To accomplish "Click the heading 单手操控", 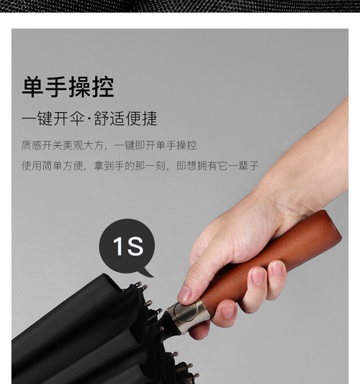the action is [x=68, y=87].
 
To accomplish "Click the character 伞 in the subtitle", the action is [x=76, y=119].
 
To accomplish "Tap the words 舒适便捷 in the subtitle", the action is [x=125, y=119].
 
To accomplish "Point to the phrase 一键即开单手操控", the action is [x=156, y=145].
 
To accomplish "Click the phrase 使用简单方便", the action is [x=52, y=166].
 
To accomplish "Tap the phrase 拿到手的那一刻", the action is [x=130, y=166].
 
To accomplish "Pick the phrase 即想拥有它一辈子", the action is [x=217, y=166].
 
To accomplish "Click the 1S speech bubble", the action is [x=127, y=246].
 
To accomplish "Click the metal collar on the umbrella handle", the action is [x=188, y=317].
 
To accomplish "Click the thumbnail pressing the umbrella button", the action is [x=186, y=294].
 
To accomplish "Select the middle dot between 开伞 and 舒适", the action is [x=89, y=119].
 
